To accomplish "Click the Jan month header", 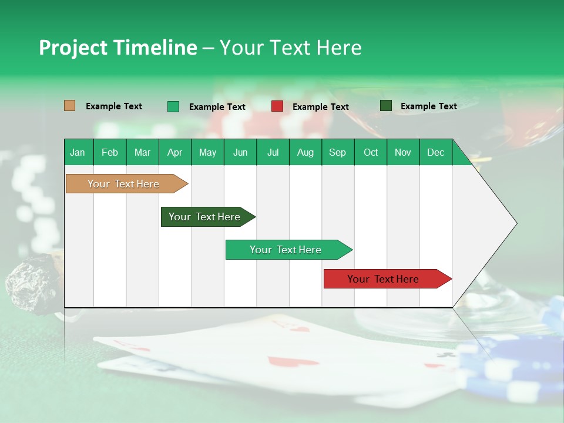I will pos(78,152).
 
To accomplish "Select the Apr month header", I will pos(174,152).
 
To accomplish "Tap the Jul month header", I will pos(273,152).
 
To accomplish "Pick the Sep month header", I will pos(337,152).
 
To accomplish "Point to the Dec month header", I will pos(435,152).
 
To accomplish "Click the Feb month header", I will pos(110,152).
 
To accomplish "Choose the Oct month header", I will pos(371,152).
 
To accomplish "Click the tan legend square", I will pos(70,106).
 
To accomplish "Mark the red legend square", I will pos(277,106).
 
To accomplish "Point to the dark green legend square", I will pos(386,106).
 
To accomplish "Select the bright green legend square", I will pos(173,106).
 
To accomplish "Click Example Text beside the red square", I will pos(320,107).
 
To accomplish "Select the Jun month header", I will pos(240,152).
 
